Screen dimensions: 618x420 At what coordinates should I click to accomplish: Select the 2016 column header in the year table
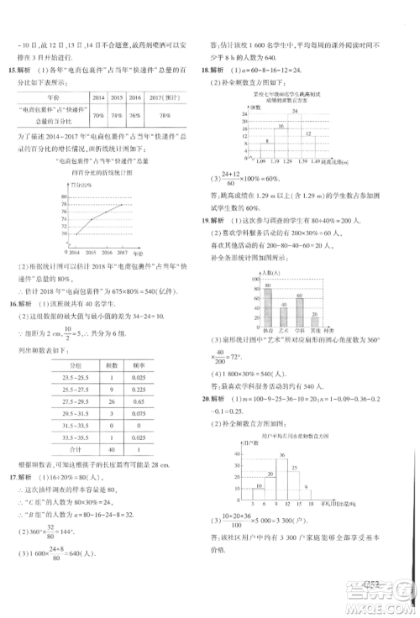(135, 98)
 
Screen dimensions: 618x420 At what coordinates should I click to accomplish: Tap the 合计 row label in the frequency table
(66, 451)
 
